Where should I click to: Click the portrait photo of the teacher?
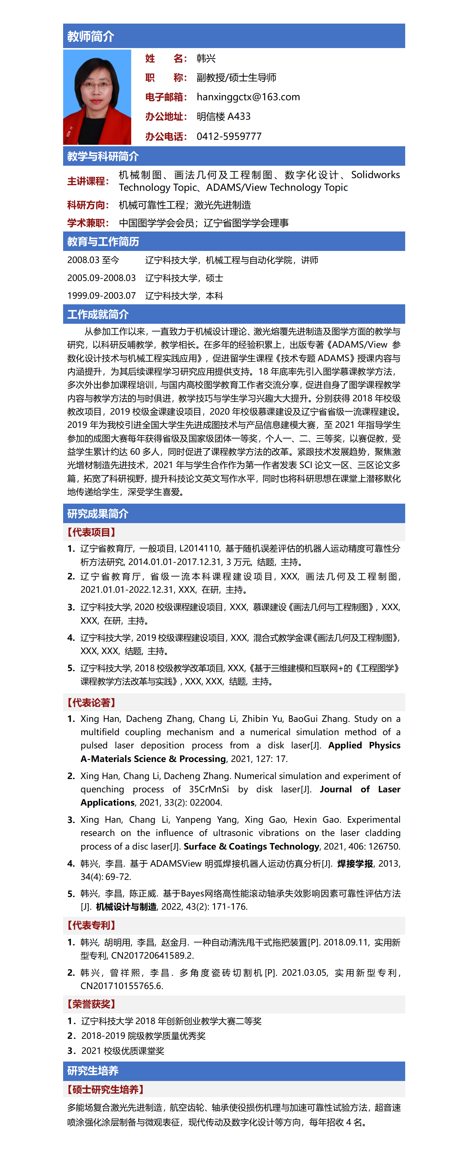[x=97, y=97]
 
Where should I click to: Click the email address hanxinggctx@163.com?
[x=248, y=97]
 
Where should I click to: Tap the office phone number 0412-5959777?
[x=229, y=136]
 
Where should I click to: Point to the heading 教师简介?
[x=91, y=36]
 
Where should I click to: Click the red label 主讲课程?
[x=88, y=181]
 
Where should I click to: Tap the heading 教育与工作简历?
[x=103, y=241]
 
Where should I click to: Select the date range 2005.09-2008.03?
[x=101, y=278]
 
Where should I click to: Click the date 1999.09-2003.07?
[x=101, y=295]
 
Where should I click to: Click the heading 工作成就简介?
[x=98, y=314]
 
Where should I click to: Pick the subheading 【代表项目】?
[x=91, y=532]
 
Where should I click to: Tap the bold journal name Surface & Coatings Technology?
[x=252, y=846]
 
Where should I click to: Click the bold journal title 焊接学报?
[x=355, y=863]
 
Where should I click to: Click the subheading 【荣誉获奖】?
[x=91, y=1004]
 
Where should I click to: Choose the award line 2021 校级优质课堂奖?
[x=123, y=1050]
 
